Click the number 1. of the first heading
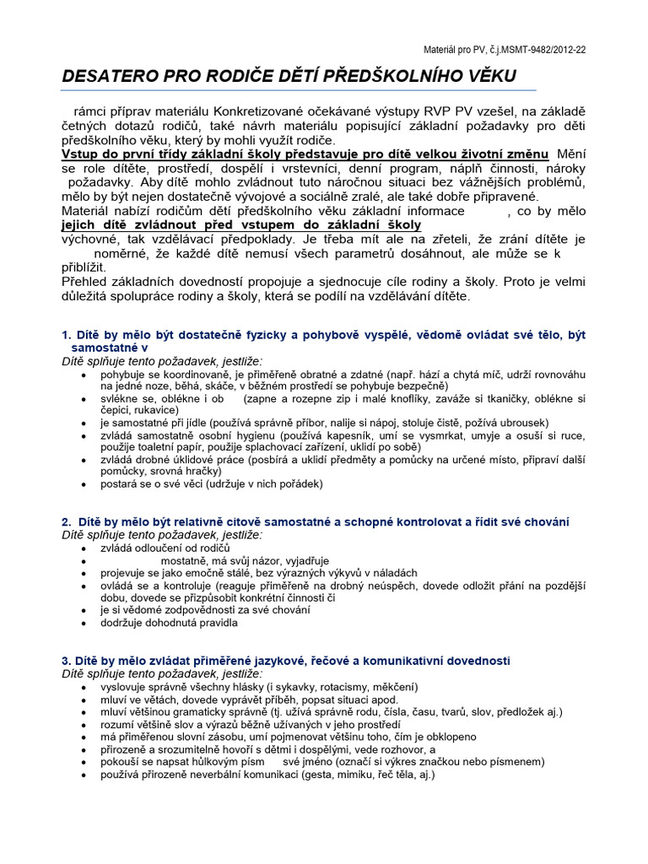point(67,335)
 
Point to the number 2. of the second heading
point(67,522)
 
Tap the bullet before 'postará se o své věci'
point(82,484)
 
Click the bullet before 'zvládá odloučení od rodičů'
point(82,548)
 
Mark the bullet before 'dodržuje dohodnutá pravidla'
point(82,623)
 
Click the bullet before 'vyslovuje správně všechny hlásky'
point(82,687)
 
